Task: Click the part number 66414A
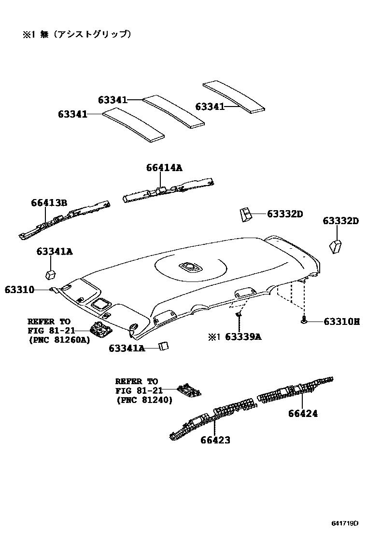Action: (x=164, y=168)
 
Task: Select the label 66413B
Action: (x=49, y=202)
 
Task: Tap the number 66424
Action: (x=303, y=413)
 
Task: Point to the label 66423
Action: (x=215, y=440)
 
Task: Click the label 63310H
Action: (x=341, y=321)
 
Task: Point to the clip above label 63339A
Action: (x=239, y=315)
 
